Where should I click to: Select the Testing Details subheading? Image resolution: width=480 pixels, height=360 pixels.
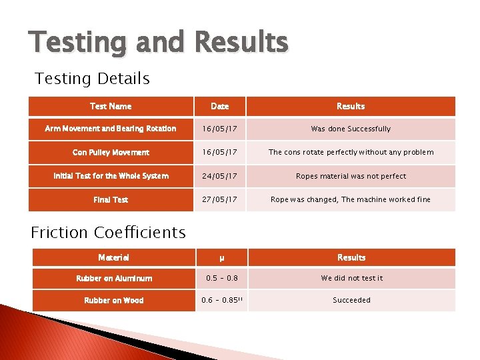(92, 79)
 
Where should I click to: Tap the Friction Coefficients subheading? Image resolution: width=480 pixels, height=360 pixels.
(108, 233)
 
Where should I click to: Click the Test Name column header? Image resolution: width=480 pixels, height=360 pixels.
(111, 106)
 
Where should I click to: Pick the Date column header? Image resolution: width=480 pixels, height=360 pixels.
(219, 106)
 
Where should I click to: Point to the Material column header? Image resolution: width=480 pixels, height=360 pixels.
(113, 257)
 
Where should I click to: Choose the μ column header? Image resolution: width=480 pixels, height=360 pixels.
(221, 257)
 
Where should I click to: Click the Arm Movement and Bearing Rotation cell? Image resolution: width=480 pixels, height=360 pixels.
(111, 129)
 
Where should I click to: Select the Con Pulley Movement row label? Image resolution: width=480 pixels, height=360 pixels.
(111, 153)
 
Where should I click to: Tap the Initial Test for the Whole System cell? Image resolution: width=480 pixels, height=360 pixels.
(111, 176)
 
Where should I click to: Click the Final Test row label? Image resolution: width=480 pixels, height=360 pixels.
(111, 199)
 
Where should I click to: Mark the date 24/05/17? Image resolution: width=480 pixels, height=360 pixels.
(219, 176)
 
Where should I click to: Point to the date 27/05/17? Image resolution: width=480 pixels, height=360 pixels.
(219, 199)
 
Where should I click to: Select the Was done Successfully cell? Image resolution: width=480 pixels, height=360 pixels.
(351, 129)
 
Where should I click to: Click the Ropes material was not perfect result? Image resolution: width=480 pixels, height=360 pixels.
(351, 176)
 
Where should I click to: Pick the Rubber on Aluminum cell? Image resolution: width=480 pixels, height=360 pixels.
(113, 279)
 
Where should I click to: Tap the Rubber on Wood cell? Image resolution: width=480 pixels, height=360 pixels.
(113, 300)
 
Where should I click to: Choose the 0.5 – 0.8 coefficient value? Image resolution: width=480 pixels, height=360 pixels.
(221, 279)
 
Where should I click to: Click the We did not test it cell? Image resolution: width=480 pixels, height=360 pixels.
(351, 279)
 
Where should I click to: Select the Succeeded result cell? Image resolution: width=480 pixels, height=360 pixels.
(351, 300)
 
